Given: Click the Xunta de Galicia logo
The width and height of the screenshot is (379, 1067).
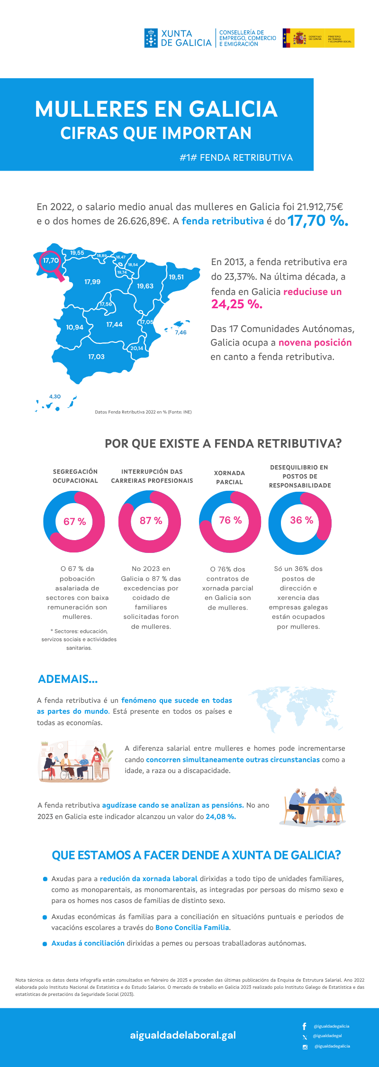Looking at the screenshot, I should [x=178, y=38].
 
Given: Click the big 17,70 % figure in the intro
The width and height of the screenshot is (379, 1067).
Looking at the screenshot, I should [x=317, y=221].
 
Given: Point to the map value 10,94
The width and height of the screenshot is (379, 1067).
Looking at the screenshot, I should [x=75, y=327].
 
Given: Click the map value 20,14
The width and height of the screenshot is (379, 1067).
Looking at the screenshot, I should [x=137, y=348].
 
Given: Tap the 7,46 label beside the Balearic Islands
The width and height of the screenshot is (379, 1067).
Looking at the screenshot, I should [x=180, y=332].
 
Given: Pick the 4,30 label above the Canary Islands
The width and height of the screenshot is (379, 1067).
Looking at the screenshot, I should [x=55, y=396].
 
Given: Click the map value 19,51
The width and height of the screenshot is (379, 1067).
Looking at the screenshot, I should [x=176, y=277].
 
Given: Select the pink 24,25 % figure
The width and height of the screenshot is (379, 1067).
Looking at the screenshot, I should [x=237, y=304].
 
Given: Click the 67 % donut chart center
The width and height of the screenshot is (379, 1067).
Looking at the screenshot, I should [x=74, y=522].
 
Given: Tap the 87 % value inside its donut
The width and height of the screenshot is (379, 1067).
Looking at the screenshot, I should [x=151, y=521].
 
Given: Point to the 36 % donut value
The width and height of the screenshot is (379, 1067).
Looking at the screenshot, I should [x=301, y=520].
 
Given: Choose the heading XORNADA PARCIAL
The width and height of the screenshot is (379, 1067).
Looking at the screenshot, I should [x=229, y=478].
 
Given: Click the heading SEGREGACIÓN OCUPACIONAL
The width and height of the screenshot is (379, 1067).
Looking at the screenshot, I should [x=75, y=476].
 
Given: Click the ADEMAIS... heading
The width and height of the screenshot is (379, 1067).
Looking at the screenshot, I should [x=68, y=679].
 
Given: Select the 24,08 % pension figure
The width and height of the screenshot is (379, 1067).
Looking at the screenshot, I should [x=221, y=817].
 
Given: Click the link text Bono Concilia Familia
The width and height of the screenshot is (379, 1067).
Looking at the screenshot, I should [x=192, y=928].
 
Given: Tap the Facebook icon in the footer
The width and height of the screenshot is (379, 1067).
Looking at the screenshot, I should [x=305, y=1026].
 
